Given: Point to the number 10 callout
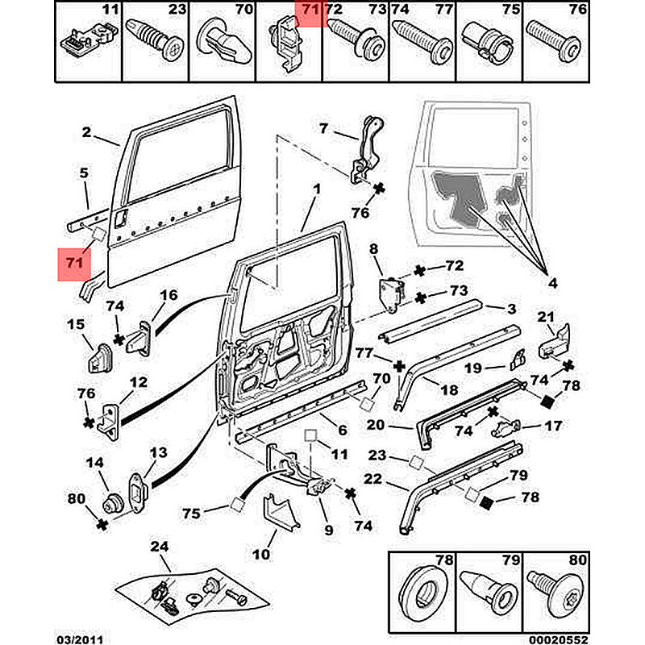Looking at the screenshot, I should [261, 556].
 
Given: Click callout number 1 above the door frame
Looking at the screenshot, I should [317, 189].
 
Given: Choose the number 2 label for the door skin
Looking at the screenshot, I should [86, 134].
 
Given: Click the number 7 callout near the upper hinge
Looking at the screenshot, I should [323, 127].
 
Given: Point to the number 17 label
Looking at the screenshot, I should [552, 427].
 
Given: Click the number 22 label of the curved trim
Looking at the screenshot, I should [372, 479].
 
